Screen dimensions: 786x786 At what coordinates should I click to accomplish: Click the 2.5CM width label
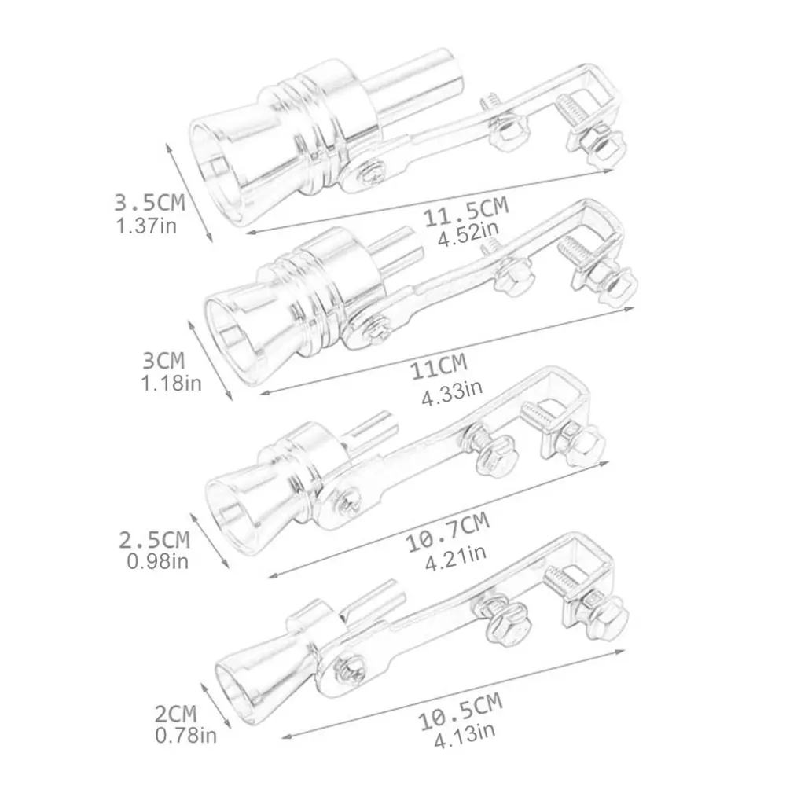point(154,540)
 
